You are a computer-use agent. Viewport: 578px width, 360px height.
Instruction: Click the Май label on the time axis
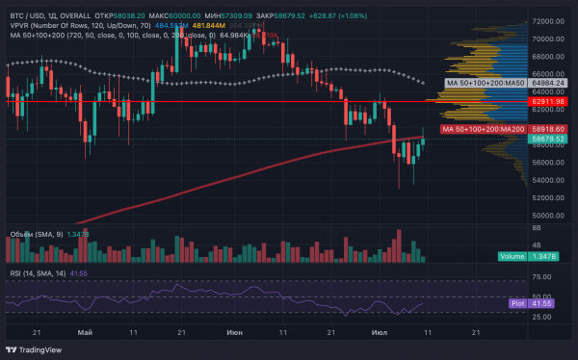pyautogui.click(x=86, y=330)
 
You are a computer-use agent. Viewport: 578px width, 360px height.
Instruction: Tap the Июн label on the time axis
pyautogui.click(x=234, y=330)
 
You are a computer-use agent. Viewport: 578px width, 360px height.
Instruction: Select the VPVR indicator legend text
pyautogui.click(x=58, y=25)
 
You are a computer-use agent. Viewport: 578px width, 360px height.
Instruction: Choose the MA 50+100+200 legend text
pyautogui.click(x=58, y=36)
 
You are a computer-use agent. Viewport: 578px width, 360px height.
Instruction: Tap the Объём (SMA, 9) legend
pyautogui.click(x=39, y=234)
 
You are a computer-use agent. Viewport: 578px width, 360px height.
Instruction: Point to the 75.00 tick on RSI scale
pyautogui.click(x=541, y=277)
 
